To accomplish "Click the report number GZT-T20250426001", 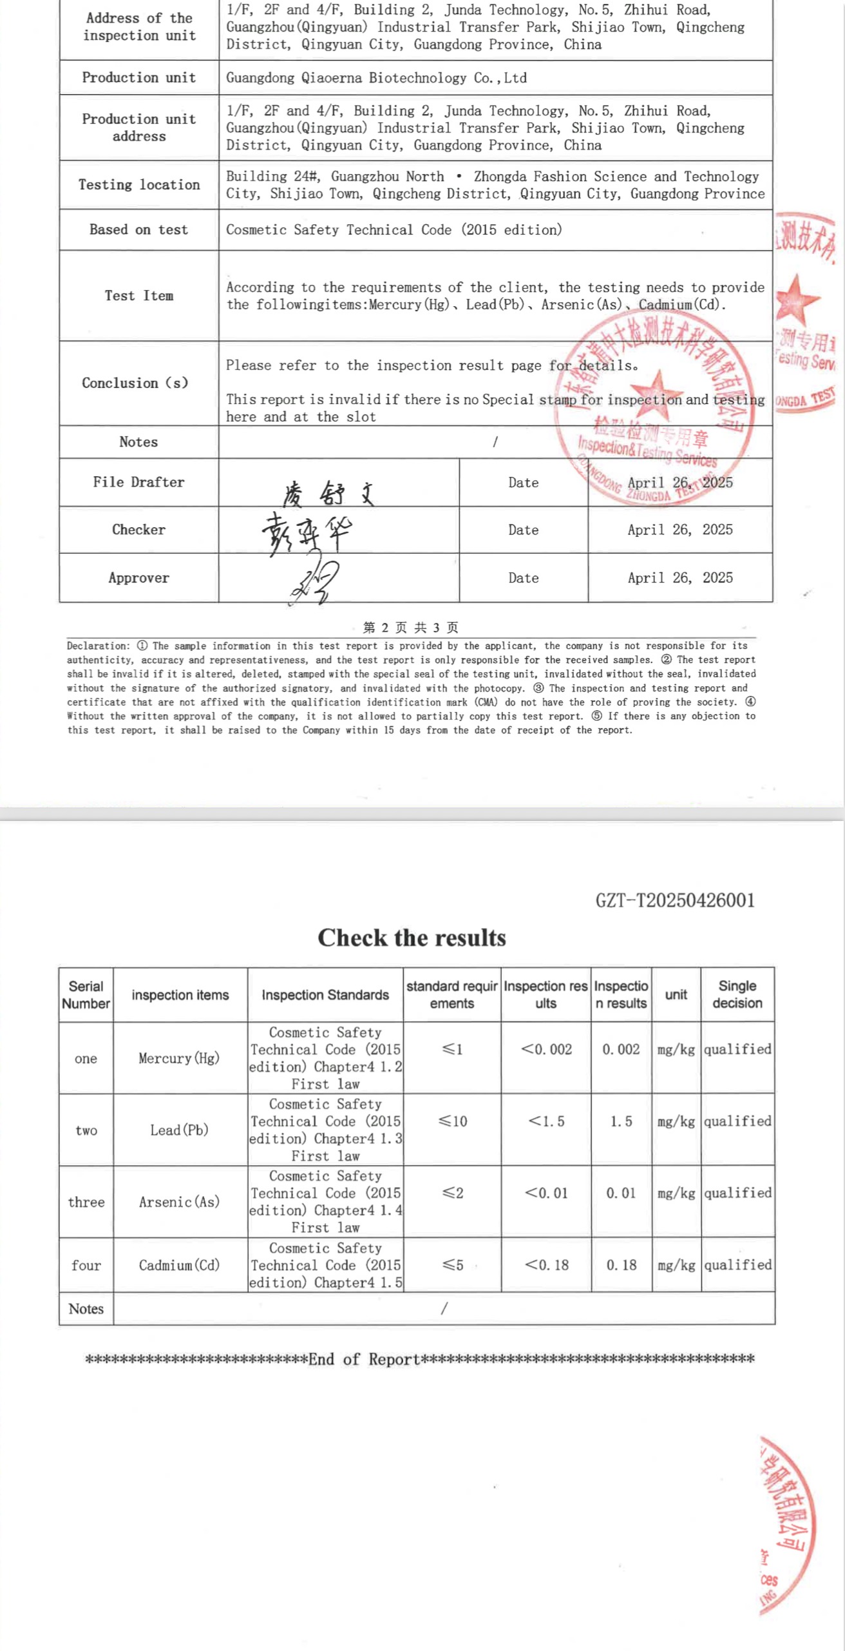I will (x=674, y=900).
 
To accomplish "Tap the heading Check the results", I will (x=412, y=938).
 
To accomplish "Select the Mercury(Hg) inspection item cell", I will (x=179, y=1058).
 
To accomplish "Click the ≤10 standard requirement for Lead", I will (x=452, y=1121).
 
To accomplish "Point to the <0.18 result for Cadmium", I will (x=546, y=1265).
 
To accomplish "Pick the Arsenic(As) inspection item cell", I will (x=179, y=1202).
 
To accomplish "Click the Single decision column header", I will (x=737, y=994).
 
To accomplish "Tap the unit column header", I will (x=676, y=994).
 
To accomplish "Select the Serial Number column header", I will (x=86, y=994).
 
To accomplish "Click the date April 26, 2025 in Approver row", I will (x=679, y=577).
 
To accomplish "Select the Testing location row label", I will (x=139, y=185).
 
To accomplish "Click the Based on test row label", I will (x=139, y=229).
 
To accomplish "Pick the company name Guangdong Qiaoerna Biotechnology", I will (x=376, y=78).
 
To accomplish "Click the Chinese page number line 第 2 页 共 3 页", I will (x=411, y=628).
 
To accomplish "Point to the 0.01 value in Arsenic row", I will (x=620, y=1193).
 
